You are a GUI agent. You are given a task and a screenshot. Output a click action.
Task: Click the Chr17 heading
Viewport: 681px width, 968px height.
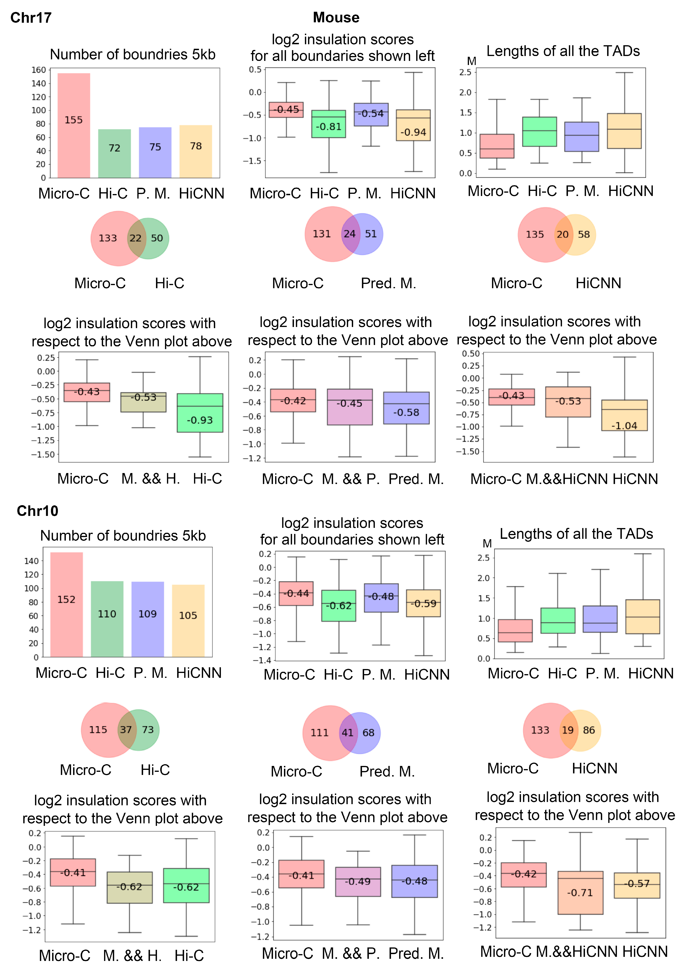click(x=31, y=18)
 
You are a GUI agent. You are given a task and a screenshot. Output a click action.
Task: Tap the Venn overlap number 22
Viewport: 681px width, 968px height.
click(x=135, y=238)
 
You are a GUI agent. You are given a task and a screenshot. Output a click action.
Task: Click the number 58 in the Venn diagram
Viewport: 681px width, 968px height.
click(x=584, y=234)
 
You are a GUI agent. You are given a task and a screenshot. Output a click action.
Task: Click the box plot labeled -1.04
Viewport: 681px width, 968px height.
click(x=624, y=415)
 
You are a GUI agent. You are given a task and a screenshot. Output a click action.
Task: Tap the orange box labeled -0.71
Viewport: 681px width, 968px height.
click(x=580, y=893)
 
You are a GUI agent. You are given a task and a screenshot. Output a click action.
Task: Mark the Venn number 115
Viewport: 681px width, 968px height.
click(x=98, y=730)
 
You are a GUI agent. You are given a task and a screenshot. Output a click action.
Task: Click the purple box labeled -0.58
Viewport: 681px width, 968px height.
click(x=406, y=408)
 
